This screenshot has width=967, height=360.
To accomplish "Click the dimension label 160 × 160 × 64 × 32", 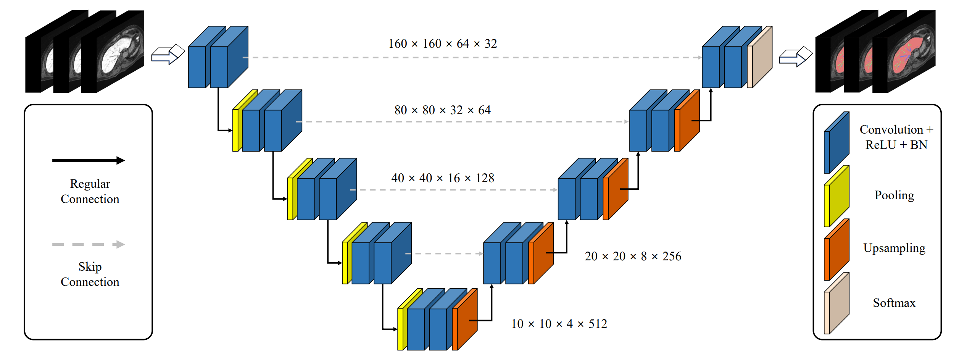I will tap(442, 44).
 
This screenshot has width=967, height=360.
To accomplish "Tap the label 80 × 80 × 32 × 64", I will tap(442, 110).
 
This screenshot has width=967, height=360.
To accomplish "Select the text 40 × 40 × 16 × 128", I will tap(442, 178).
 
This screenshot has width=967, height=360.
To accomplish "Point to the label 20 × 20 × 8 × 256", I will tap(633, 256).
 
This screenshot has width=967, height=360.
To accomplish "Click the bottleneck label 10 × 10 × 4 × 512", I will tap(559, 324).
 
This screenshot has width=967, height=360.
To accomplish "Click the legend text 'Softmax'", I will tap(894, 303).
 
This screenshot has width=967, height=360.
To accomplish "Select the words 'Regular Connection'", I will tap(90, 191).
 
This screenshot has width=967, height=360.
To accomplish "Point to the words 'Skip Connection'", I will tap(90, 274).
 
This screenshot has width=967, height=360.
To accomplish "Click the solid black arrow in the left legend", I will tap(88, 160).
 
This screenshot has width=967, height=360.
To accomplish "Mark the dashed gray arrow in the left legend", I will tap(88, 244).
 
